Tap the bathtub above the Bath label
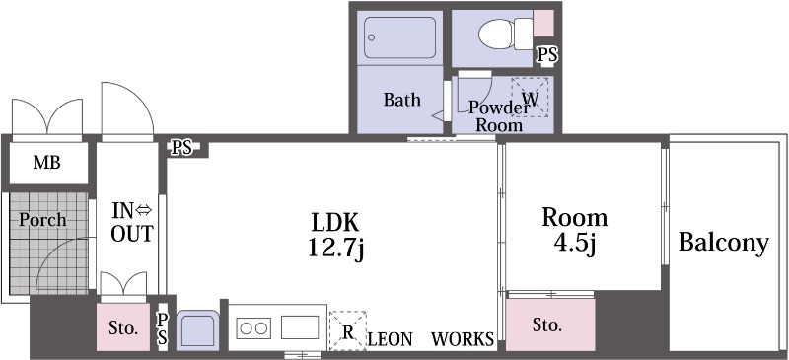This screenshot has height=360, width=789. (400, 37)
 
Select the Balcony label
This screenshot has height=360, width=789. (724, 242)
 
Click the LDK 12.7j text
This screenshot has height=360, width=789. (335, 235)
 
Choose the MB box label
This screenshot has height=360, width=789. (46, 163)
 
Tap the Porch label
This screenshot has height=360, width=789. (42, 220)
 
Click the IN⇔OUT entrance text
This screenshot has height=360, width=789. (131, 223)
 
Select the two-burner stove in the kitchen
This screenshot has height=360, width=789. (253, 328)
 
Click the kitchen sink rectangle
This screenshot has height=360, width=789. (300, 327)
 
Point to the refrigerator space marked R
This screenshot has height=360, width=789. (348, 330)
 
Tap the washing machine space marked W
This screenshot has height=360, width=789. (530, 98)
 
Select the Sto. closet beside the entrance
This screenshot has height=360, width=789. (123, 327)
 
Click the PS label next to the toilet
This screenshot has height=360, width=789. (547, 54)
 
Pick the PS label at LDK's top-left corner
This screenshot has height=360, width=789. (181, 148)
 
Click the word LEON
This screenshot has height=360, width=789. (391, 339)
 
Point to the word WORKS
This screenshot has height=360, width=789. (462, 339)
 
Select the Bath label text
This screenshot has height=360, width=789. (402, 100)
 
